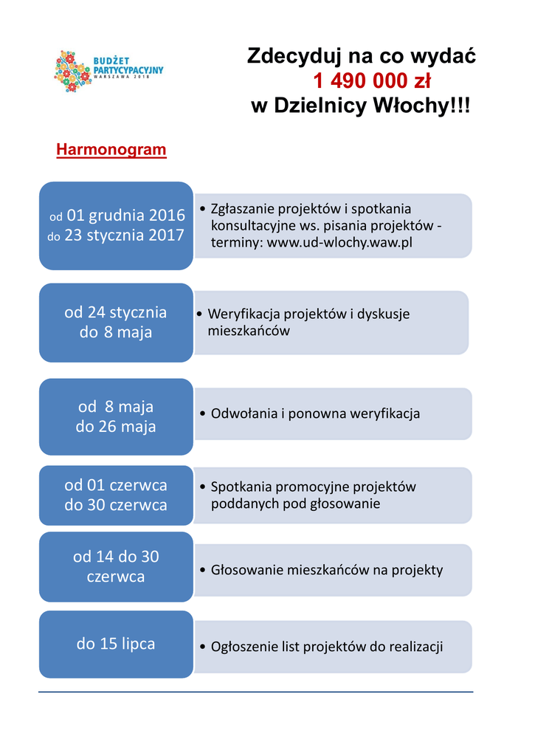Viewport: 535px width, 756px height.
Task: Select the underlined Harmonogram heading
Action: click(x=111, y=150)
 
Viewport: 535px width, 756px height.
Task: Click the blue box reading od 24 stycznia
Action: click(x=116, y=322)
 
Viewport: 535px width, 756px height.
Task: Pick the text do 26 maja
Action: click(x=116, y=427)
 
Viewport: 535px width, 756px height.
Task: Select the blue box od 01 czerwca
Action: click(x=116, y=495)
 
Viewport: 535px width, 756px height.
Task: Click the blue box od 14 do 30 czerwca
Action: click(x=116, y=566)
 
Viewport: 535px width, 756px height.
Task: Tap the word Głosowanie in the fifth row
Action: click(x=247, y=569)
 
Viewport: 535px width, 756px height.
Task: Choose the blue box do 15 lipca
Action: click(x=116, y=644)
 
